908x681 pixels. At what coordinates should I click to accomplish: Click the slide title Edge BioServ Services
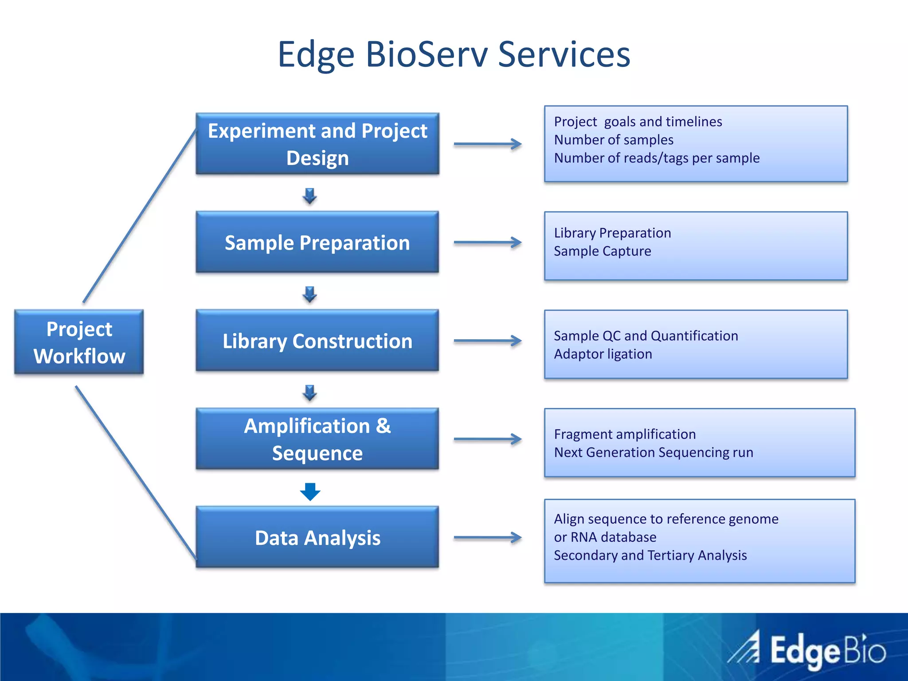click(x=454, y=54)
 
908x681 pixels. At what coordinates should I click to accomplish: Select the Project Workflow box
click(x=79, y=342)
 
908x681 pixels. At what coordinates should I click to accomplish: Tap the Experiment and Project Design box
click(x=317, y=144)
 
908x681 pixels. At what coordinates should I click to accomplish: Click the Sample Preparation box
click(x=317, y=242)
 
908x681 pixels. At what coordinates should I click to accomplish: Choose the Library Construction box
click(x=317, y=340)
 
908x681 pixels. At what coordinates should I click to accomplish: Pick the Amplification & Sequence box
click(x=317, y=439)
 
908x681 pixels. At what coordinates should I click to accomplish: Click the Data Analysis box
click(x=317, y=537)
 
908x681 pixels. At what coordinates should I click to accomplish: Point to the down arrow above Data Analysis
click(x=310, y=491)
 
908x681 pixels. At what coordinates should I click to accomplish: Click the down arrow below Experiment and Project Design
click(x=310, y=196)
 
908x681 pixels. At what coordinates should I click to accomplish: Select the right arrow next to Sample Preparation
click(x=488, y=242)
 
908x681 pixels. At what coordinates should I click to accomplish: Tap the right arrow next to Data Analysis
click(x=488, y=537)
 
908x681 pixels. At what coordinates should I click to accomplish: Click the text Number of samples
click(x=614, y=140)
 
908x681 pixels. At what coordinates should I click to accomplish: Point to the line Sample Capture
click(x=602, y=251)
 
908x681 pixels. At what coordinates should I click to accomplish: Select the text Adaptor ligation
click(x=603, y=354)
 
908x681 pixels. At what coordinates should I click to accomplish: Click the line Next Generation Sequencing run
click(x=654, y=452)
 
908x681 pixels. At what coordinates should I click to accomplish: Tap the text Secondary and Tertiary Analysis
click(x=650, y=555)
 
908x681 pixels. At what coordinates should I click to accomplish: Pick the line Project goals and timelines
click(x=638, y=121)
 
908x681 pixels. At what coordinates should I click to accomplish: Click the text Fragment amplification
click(x=624, y=434)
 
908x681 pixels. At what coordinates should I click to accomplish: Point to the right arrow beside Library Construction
click(x=488, y=340)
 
